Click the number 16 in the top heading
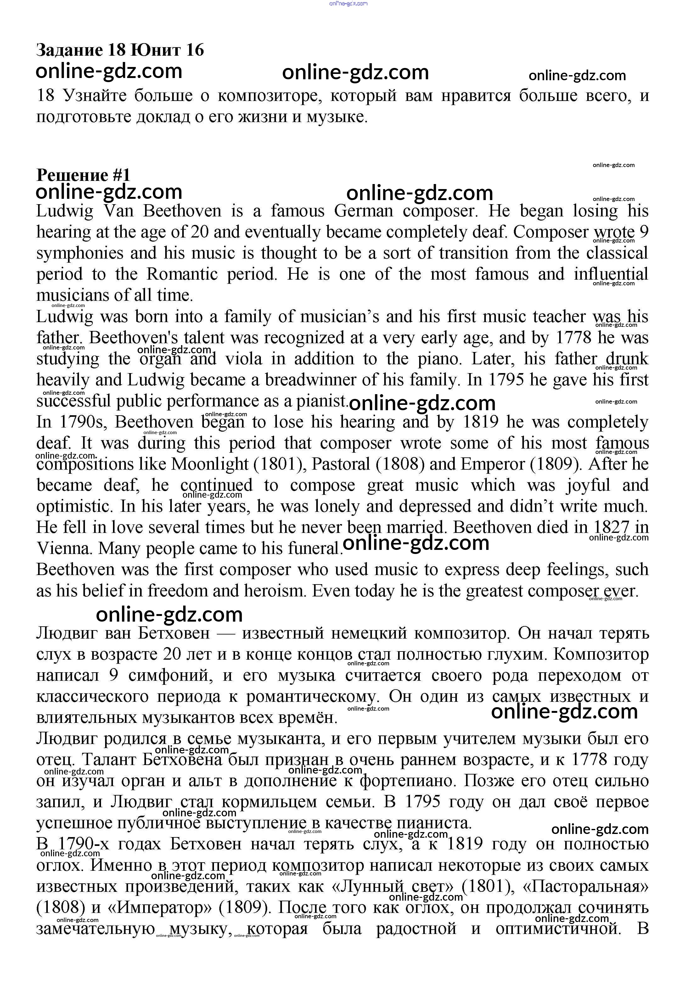click(x=195, y=50)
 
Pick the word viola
click(x=244, y=359)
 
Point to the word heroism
click(x=275, y=591)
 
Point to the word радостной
click(x=416, y=929)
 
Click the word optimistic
click(x=74, y=506)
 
